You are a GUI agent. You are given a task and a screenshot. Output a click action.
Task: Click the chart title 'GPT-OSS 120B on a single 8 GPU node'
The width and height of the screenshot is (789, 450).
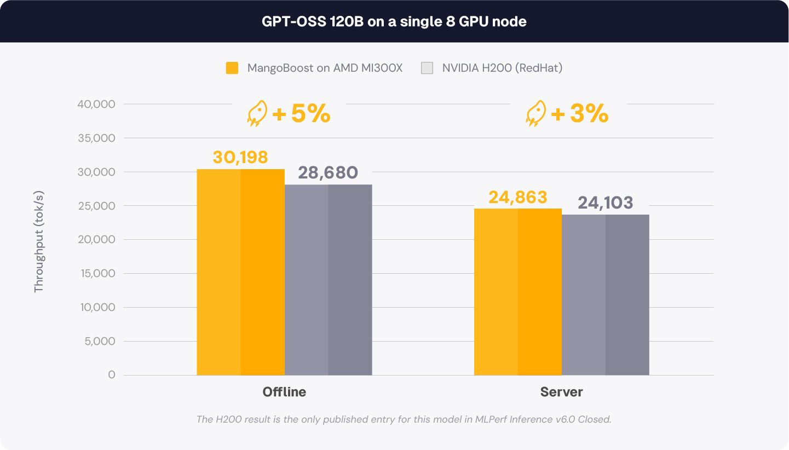tap(394, 21)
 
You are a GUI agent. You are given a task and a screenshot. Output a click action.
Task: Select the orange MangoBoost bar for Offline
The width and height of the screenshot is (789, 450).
tap(240, 272)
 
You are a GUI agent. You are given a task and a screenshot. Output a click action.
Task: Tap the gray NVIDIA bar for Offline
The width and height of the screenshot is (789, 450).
tap(329, 280)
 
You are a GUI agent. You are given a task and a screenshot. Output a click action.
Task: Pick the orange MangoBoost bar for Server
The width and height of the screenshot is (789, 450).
tap(518, 292)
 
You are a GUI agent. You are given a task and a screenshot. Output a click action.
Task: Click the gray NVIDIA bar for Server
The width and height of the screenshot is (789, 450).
tap(606, 295)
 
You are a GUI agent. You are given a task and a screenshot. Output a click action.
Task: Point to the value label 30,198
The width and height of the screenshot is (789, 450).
tap(240, 157)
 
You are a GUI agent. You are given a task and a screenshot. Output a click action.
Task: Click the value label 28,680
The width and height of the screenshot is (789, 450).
tap(328, 172)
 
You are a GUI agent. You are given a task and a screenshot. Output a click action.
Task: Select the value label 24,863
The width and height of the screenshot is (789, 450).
tap(518, 197)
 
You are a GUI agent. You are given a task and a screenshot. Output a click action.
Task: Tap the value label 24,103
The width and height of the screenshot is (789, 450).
tap(605, 203)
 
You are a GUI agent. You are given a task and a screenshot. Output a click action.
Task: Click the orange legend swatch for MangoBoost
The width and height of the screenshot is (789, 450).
tap(232, 68)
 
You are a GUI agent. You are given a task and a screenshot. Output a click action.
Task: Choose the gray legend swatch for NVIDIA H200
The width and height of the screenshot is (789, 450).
tap(427, 68)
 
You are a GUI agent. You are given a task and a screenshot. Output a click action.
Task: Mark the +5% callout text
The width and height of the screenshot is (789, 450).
tap(301, 113)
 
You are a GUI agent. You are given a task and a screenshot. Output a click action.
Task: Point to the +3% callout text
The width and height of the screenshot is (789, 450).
tap(579, 113)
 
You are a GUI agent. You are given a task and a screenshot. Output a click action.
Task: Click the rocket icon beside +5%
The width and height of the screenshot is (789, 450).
tap(257, 113)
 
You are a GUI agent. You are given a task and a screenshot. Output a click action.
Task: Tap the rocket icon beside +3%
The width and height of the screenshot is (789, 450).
tap(535, 113)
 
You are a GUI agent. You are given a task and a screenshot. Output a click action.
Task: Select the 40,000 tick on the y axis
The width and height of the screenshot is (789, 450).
tap(96, 104)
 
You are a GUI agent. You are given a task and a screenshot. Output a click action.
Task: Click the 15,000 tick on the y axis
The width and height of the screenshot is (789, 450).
tap(97, 273)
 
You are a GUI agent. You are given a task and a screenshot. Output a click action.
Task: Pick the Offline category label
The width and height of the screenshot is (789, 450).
tap(284, 392)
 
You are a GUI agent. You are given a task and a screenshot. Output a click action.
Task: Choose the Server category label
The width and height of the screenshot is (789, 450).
tap(561, 392)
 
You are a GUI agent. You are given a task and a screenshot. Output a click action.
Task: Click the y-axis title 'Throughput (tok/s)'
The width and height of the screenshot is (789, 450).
tap(39, 241)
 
